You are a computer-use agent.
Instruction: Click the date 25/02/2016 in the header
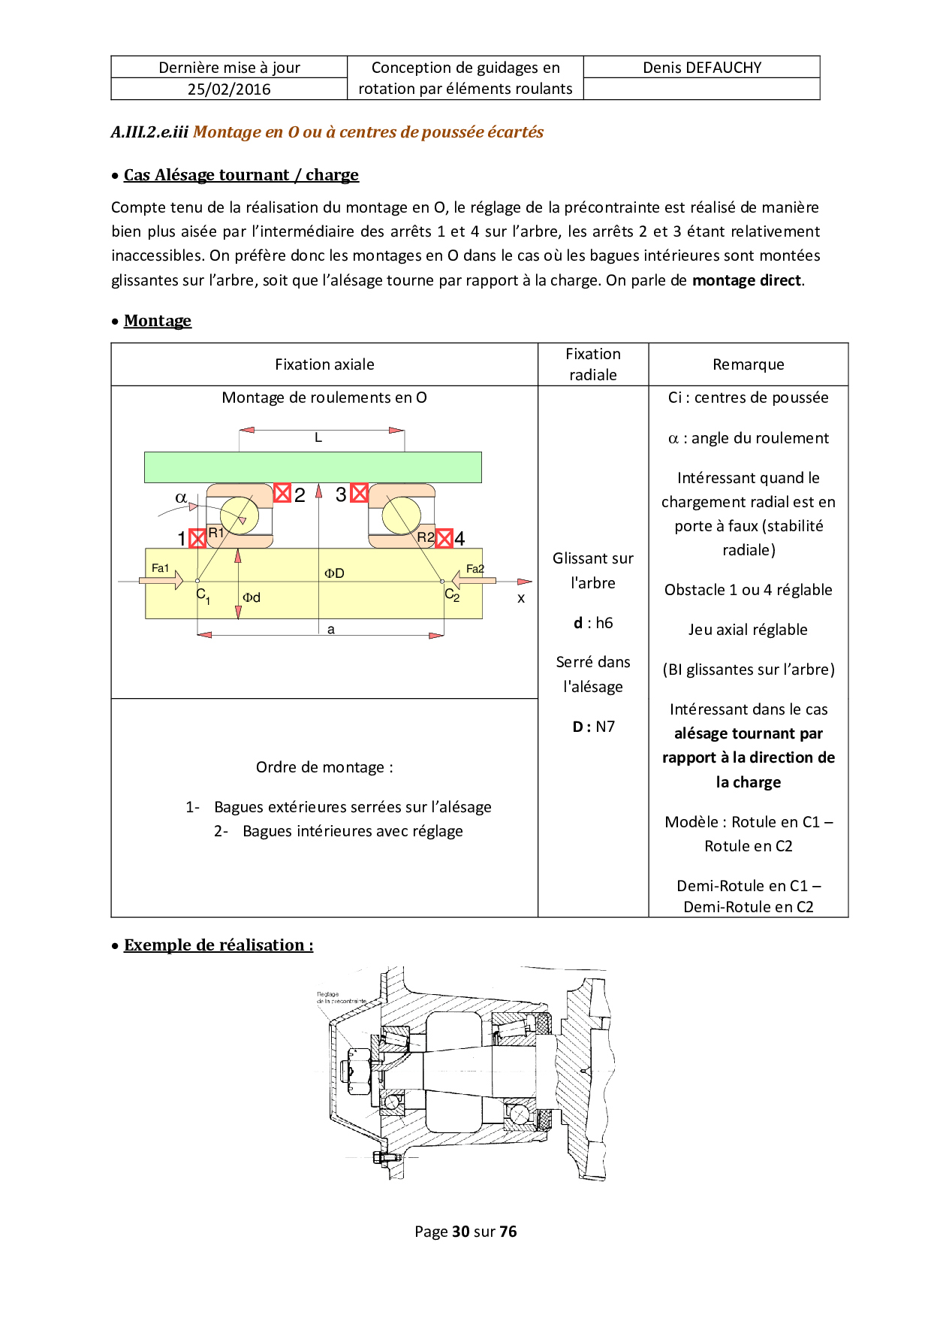coord(229,89)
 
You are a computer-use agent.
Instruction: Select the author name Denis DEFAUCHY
coord(702,68)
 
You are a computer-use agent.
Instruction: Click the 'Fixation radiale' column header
coord(593,364)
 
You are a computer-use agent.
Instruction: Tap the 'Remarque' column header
coord(748,364)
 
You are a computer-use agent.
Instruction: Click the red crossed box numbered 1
coord(197,538)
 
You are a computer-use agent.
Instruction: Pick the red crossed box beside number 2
coord(282,493)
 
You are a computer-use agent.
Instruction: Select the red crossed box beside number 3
coord(360,493)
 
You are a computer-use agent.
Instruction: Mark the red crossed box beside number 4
coord(444,538)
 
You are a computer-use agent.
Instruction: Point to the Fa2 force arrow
coord(473,580)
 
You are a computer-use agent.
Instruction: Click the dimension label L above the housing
coord(318,437)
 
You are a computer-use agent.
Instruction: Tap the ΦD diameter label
coord(334,573)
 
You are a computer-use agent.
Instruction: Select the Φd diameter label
coord(252,597)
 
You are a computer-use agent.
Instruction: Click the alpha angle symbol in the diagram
coord(181,497)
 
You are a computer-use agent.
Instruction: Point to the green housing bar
coord(313,467)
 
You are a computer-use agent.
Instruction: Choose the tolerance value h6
coord(604,623)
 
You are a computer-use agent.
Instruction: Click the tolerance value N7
coord(605,727)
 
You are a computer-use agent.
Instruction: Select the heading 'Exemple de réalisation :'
coord(218,945)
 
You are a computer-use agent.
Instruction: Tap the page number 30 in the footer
coord(461,1232)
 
